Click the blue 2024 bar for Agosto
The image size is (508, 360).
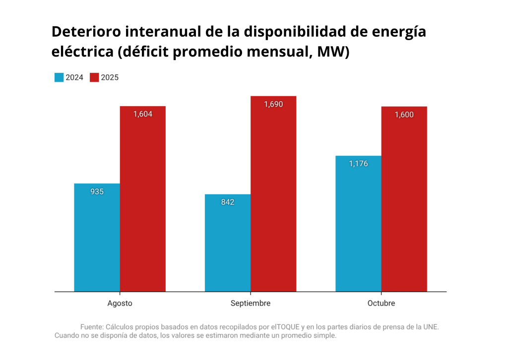pos(97,238)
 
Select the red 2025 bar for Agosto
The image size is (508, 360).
pos(142,198)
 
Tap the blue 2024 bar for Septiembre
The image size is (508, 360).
pos(228,243)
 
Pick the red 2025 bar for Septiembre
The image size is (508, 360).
pos(273,193)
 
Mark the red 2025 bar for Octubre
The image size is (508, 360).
pos(404,198)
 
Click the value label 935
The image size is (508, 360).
pos(97,191)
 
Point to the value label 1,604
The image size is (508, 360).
pos(142,114)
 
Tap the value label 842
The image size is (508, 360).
pos(228,202)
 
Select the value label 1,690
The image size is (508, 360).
pos(273,104)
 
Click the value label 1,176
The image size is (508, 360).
pos(358,164)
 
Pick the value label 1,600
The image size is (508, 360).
pos(404,115)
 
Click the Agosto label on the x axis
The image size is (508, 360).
pos(120,303)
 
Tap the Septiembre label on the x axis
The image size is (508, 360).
pos(251,303)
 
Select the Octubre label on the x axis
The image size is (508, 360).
pos(381,303)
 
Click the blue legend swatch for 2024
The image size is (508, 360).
pos(59,77)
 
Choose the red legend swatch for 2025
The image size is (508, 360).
pos(94,77)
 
